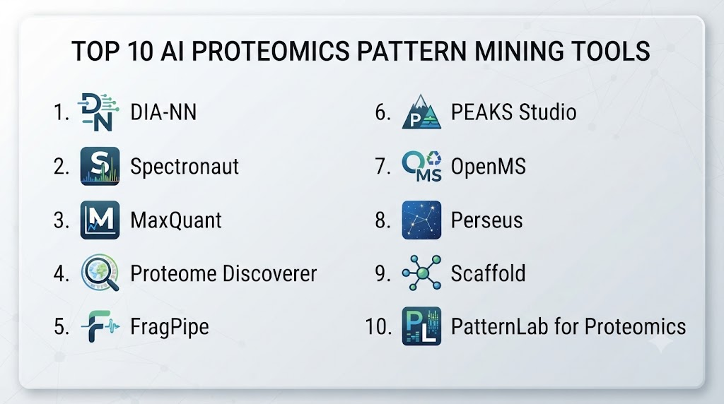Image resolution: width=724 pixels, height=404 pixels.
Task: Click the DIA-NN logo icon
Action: tap(99, 112)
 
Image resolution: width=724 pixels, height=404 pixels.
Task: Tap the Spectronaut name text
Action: tap(185, 167)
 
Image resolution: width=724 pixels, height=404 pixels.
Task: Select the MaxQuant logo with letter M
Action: tap(100, 220)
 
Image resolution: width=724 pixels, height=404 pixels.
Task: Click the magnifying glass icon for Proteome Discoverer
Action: tap(100, 273)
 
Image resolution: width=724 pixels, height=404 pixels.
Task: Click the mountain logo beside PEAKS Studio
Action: tap(421, 112)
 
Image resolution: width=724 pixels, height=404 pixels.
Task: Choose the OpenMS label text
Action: tap(488, 167)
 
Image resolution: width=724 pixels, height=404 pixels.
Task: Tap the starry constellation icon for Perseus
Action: tap(421, 220)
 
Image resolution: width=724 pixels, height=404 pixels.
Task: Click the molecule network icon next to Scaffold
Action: tap(421, 273)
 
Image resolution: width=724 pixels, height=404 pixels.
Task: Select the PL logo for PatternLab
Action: tap(421, 326)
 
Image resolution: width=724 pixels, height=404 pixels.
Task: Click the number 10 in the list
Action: tap(378, 326)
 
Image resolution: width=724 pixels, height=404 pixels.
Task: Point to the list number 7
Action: tap(383, 167)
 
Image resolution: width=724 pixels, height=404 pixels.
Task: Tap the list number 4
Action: tap(61, 273)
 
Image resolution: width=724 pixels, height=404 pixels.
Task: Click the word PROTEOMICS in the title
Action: tap(271, 51)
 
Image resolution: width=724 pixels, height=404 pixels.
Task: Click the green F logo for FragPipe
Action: tap(100, 326)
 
